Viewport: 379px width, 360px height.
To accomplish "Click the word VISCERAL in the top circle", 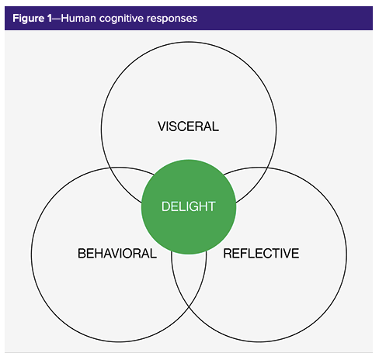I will click(188, 126).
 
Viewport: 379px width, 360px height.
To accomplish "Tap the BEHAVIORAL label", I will click(117, 253).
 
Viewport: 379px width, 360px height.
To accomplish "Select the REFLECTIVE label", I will click(261, 253).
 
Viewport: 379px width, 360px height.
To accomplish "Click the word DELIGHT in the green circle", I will click(188, 206).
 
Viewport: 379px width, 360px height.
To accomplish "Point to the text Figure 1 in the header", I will click(33, 17).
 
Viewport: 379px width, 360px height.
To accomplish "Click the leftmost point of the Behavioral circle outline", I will click(30, 254).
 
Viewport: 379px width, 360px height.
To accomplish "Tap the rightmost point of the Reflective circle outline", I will click(347, 254).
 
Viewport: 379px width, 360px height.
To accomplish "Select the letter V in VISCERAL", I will click(162, 126).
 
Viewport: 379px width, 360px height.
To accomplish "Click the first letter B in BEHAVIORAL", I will click(82, 253).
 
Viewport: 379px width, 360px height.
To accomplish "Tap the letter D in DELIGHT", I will click(165, 206).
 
